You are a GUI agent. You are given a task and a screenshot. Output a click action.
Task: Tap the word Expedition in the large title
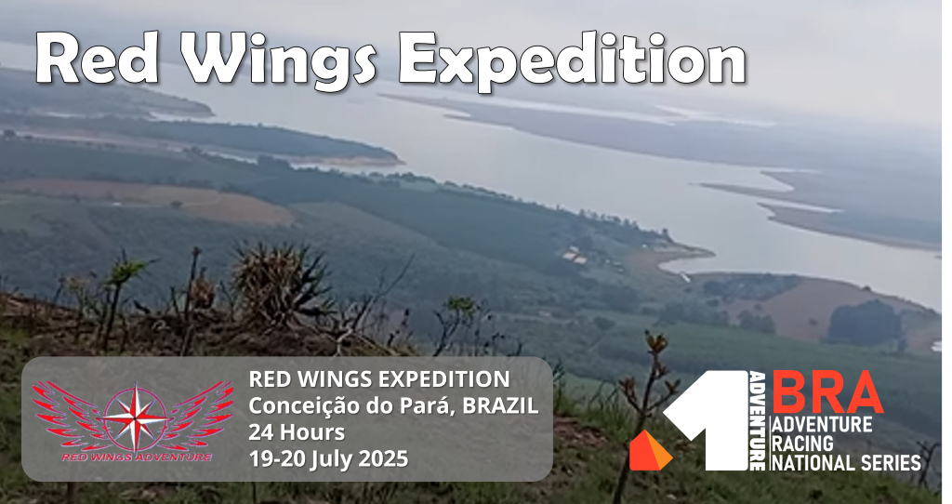coord(573,60)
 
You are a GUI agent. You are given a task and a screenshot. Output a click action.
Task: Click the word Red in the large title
coord(98,58)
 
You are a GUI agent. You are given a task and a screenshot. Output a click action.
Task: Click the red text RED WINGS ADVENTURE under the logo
coord(136,457)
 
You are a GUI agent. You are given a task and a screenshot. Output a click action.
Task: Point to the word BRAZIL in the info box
coord(500,405)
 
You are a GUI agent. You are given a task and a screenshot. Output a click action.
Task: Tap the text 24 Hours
coord(297,432)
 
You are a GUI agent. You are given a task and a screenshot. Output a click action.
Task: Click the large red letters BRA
coord(827,392)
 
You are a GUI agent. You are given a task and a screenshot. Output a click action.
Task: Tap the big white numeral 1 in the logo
coord(707,419)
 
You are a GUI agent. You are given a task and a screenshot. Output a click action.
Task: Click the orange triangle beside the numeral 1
coord(650,450)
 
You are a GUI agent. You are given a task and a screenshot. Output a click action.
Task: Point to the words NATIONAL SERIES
coord(846,462)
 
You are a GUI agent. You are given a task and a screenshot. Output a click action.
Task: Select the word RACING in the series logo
coord(802,443)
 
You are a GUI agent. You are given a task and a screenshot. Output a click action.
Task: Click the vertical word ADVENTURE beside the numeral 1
coord(757,420)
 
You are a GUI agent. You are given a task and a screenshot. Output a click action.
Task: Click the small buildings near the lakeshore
coord(575,256)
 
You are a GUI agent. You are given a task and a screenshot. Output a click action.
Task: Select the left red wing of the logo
coord(69,415)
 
